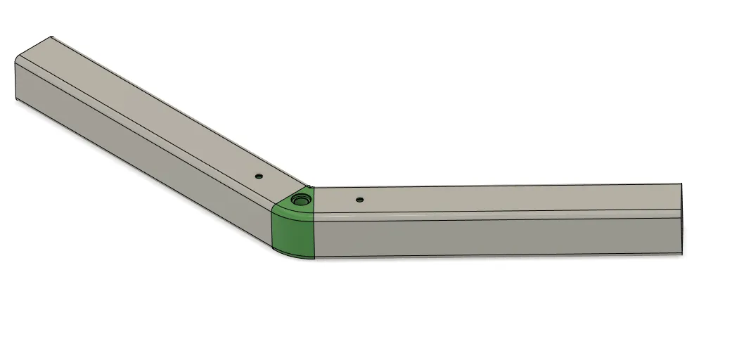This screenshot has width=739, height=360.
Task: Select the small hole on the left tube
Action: pos(259,176)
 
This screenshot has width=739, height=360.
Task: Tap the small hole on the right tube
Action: pos(359,200)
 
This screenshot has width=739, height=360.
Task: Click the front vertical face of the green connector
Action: pos(293,235)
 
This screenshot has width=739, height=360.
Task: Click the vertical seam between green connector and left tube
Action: pos(272,229)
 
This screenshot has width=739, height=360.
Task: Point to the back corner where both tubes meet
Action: pos(311,188)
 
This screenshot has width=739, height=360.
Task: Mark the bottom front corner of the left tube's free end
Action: pos(15,101)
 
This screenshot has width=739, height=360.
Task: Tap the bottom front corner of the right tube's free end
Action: pos(682,253)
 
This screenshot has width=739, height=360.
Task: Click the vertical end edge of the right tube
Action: pos(682,225)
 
